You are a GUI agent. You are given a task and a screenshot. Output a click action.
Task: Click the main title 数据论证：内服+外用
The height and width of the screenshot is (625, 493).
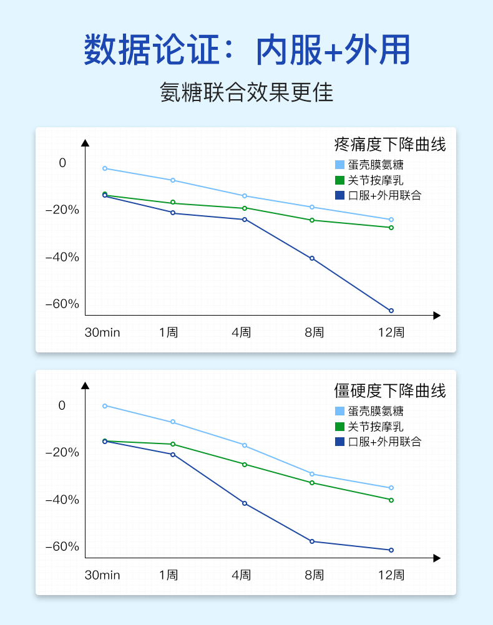(246, 51)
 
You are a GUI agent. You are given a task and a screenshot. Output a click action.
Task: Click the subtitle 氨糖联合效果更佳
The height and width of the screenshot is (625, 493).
(246, 92)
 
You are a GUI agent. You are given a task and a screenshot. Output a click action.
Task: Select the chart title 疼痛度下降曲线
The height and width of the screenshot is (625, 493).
(390, 145)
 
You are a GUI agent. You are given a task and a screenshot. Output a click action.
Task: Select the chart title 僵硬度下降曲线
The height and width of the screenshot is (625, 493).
(390, 391)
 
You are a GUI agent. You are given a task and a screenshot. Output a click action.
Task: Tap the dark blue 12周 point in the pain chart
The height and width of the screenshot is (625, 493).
(391, 311)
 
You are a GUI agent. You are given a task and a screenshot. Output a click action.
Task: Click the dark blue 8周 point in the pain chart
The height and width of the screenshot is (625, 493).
(312, 258)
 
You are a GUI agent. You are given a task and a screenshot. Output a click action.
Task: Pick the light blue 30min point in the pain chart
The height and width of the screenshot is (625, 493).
(105, 168)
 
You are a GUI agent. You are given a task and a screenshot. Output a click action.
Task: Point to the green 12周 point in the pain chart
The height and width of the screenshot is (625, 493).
(391, 228)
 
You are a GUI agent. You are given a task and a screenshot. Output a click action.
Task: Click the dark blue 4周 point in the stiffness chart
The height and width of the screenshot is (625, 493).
(245, 503)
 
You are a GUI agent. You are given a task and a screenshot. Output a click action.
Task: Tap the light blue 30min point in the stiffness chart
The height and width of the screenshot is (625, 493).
(105, 406)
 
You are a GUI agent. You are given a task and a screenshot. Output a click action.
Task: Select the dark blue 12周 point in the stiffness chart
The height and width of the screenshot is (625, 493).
(391, 550)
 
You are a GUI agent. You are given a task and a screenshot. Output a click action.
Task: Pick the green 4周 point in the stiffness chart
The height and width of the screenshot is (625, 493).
(245, 465)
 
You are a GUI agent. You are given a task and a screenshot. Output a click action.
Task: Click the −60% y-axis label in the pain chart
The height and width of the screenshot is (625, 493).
(62, 304)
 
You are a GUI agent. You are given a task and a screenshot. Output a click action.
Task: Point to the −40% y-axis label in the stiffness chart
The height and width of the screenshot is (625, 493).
(62, 500)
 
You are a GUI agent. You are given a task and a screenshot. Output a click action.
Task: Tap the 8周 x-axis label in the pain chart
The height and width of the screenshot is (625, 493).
(314, 332)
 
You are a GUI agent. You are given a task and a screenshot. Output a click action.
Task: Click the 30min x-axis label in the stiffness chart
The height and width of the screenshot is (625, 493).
(102, 575)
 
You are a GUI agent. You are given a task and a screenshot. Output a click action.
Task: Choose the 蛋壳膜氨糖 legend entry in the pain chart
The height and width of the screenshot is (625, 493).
(376, 165)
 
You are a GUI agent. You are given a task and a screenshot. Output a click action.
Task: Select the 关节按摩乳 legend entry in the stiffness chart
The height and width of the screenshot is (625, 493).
(376, 427)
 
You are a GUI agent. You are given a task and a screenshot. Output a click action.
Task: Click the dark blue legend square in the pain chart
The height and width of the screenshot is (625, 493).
(339, 195)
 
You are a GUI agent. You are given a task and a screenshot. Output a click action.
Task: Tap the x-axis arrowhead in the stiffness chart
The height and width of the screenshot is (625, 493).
(437, 558)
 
